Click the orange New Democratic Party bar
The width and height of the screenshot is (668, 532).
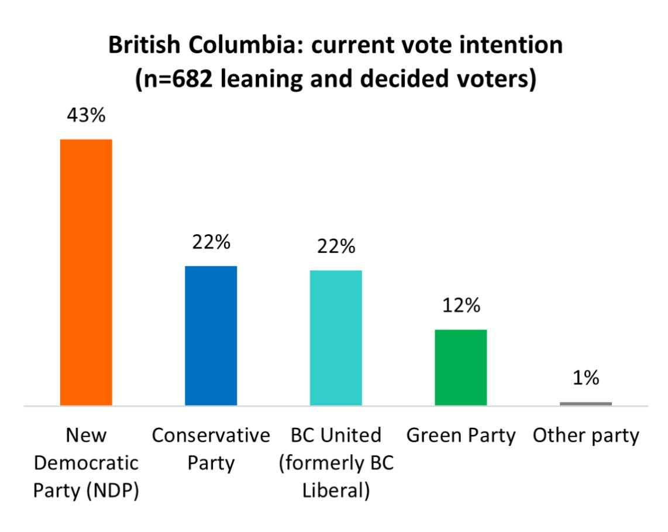pyautogui.click(x=86, y=272)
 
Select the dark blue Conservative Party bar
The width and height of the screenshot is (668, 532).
pyautogui.click(x=211, y=335)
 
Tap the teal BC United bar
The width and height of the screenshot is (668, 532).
pyautogui.click(x=336, y=338)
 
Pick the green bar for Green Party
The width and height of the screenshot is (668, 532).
pyautogui.click(x=461, y=367)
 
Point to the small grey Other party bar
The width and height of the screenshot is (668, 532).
pyautogui.click(x=586, y=403)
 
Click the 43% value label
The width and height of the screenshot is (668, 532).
pyautogui.click(x=86, y=115)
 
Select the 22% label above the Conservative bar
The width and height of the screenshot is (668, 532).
pyautogui.click(x=211, y=242)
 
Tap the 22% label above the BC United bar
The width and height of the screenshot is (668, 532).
pyautogui.click(x=336, y=246)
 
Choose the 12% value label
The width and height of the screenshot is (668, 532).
pyautogui.click(x=461, y=305)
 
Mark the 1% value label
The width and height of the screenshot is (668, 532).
pyautogui.click(x=586, y=378)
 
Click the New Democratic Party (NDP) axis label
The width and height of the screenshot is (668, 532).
pyautogui.click(x=86, y=463)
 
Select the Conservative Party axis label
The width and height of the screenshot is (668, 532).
pyautogui.click(x=211, y=449)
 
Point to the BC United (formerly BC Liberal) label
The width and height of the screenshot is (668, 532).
pyautogui.click(x=336, y=463)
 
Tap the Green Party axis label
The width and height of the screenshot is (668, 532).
pyautogui.click(x=461, y=435)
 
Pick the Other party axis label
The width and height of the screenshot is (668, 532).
pyautogui.click(x=586, y=435)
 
